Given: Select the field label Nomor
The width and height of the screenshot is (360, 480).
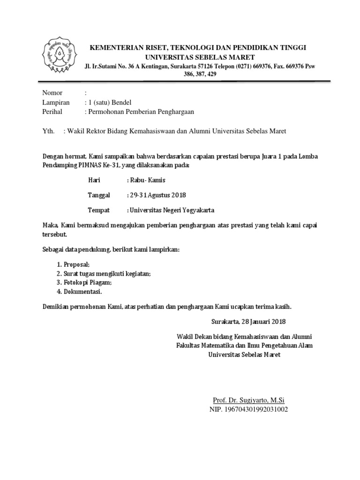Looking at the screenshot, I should pyautogui.click(x=52, y=93).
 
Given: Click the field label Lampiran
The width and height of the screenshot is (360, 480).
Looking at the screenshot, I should pyautogui.click(x=56, y=102).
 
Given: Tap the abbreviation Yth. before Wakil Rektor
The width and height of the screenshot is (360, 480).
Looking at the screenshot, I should pyautogui.click(x=49, y=131).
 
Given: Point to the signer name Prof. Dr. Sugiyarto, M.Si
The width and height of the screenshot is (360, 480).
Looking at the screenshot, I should pyautogui.click(x=248, y=400).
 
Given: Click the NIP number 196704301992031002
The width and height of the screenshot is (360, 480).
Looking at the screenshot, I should pyautogui.click(x=248, y=409).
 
